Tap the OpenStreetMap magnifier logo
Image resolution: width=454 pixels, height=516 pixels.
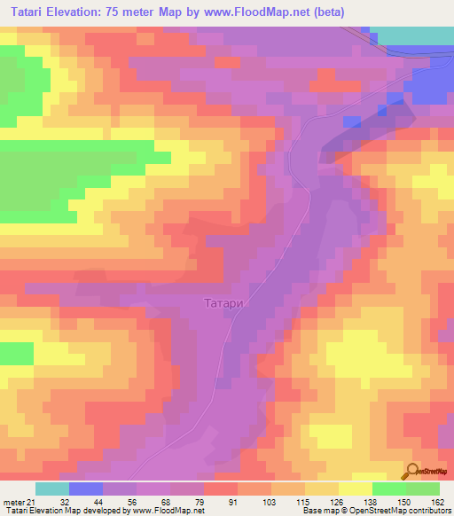[414, 471]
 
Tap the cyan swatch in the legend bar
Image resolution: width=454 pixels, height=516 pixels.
[52, 489]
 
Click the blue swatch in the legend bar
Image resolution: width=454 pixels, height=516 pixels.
[86, 489]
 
